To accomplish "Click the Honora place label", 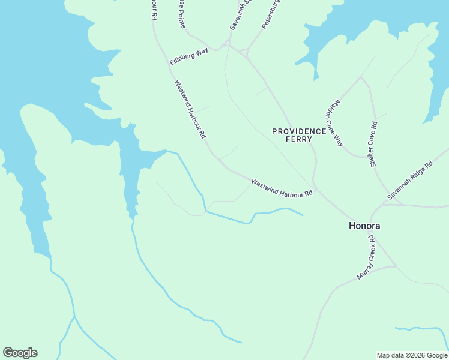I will tap(365, 226).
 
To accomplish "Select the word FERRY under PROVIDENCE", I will tap(299, 139).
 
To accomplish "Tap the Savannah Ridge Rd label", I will tap(409, 181).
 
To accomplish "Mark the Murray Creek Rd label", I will tap(366, 257).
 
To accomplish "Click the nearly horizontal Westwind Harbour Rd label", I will tap(282, 188).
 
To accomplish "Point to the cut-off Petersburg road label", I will tap(271, 14).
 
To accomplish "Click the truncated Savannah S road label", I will tap(239, 14).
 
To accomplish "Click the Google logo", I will tap(20, 353).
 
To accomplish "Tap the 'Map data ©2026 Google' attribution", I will tap(412, 355).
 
